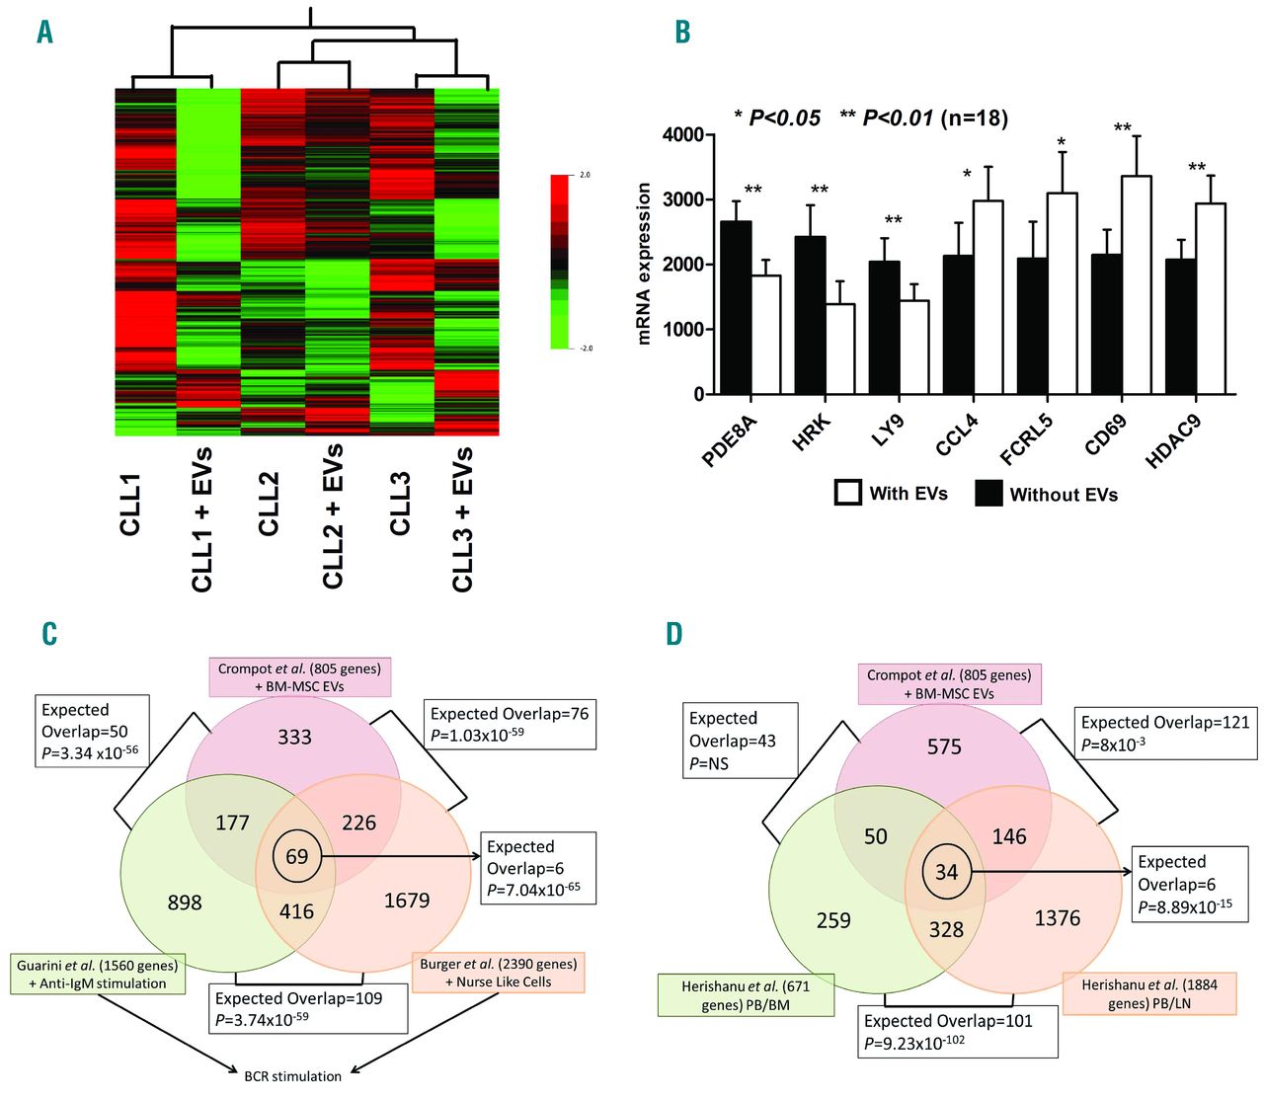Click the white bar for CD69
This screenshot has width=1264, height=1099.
pos(1136,285)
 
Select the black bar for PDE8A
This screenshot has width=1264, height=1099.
pos(736,308)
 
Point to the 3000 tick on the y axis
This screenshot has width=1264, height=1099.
pos(683,199)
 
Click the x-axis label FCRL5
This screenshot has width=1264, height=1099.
pos(1027,439)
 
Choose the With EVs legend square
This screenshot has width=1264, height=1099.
pos(848,493)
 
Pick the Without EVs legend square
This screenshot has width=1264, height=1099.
pos(988,493)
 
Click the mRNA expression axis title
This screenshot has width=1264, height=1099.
pos(645,264)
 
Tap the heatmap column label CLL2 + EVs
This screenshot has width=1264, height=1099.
pos(333,515)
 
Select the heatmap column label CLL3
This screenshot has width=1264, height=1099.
pos(399,504)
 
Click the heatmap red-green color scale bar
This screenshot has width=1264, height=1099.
pos(560,262)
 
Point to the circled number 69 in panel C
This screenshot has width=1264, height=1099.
pos(297,857)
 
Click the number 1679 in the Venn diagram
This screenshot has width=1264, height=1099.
pos(407,900)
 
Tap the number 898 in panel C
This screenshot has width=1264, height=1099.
pos(185,903)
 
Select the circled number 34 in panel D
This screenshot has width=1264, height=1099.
pos(947,872)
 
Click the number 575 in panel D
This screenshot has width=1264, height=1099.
pos(944,747)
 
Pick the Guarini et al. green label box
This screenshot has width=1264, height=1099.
pos(97,974)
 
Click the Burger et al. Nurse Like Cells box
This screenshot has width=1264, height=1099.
pos(498,973)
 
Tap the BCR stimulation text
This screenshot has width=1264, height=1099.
pos(293,1076)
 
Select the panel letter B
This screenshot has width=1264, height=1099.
pos(682,33)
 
